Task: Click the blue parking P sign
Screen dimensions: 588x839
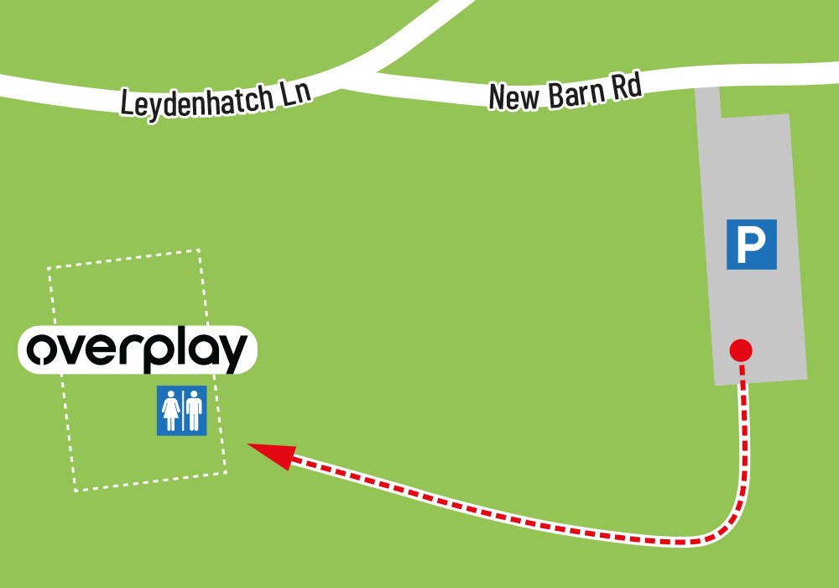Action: (x=751, y=244)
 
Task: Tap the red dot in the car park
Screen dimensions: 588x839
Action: (x=741, y=349)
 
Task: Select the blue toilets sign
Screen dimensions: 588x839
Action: (x=181, y=411)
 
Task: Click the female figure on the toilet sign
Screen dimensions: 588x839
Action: (x=171, y=411)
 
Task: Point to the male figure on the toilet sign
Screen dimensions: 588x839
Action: (x=194, y=411)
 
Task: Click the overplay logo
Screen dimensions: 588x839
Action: (x=138, y=350)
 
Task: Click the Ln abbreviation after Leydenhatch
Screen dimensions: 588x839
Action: (x=294, y=92)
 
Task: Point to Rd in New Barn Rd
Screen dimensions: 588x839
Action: (x=626, y=87)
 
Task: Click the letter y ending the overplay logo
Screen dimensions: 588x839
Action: (x=232, y=354)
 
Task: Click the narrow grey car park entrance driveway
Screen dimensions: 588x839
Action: (x=708, y=102)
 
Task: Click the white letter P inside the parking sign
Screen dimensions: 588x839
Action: (x=751, y=244)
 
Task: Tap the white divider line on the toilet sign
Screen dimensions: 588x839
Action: (x=183, y=411)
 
